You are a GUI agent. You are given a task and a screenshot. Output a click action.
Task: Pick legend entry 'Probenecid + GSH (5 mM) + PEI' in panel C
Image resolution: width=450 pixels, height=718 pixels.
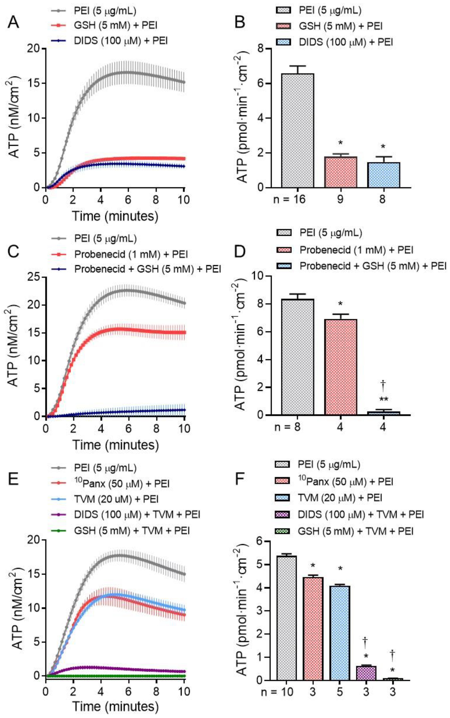(148, 269)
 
